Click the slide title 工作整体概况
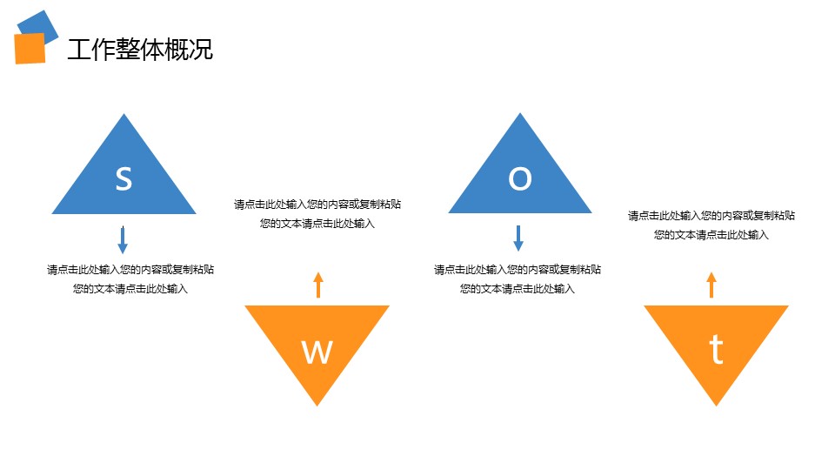(140, 50)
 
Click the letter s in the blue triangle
(124, 178)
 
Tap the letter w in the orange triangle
(317, 352)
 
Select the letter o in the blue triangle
(519, 178)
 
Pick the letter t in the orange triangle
(716, 350)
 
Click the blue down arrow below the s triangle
(123, 239)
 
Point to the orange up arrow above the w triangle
(318, 285)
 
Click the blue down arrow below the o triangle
(518, 238)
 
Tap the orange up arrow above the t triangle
(711, 285)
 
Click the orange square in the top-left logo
(30, 49)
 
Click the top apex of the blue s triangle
(124, 116)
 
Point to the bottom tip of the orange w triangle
(317, 403)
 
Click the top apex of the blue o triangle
(520, 116)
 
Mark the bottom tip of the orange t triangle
(716, 403)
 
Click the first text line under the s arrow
(130, 270)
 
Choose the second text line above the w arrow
(317, 224)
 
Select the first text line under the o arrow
(518, 270)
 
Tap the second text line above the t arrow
(711, 234)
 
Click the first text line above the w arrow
(317, 205)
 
